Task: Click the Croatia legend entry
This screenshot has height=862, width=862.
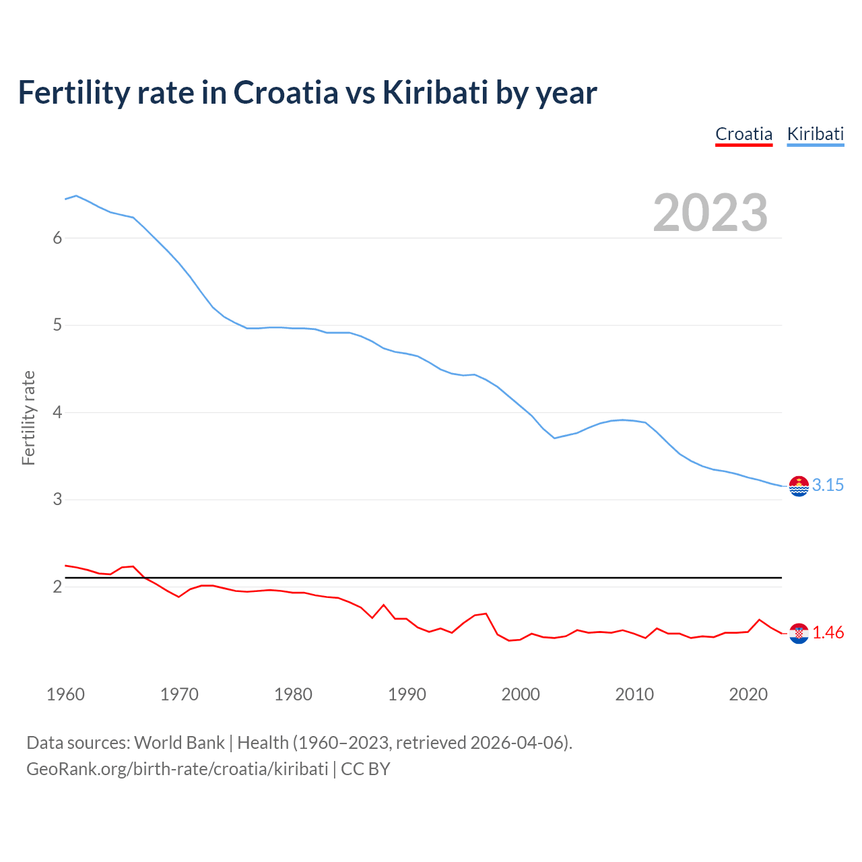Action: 743,134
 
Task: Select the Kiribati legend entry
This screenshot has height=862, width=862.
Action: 815,134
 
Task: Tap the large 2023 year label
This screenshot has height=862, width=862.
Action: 710,213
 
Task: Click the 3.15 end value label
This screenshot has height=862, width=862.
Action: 828,485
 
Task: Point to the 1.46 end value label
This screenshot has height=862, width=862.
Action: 828,632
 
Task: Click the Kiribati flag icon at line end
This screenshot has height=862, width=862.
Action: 799,486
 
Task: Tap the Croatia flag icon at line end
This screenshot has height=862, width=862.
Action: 799,633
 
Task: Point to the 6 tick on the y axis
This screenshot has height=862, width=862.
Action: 57,238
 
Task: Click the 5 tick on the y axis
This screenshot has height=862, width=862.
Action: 57,325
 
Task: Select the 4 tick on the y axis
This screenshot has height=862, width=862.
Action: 57,412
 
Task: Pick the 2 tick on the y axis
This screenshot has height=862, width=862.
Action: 57,587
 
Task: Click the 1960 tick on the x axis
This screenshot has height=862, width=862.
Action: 65,694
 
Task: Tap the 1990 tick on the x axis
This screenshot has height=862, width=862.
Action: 407,694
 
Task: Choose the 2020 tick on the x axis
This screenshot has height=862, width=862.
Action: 748,694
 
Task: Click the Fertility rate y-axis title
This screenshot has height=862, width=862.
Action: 28,418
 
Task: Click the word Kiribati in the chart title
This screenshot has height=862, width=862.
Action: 435,93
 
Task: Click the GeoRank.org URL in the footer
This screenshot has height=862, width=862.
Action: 177,769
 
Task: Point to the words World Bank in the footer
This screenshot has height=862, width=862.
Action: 179,743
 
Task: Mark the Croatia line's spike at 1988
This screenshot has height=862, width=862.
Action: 384,605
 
